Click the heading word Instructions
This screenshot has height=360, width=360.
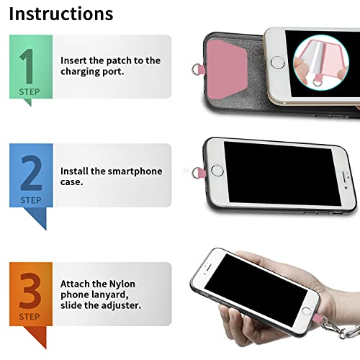click(61, 14)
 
